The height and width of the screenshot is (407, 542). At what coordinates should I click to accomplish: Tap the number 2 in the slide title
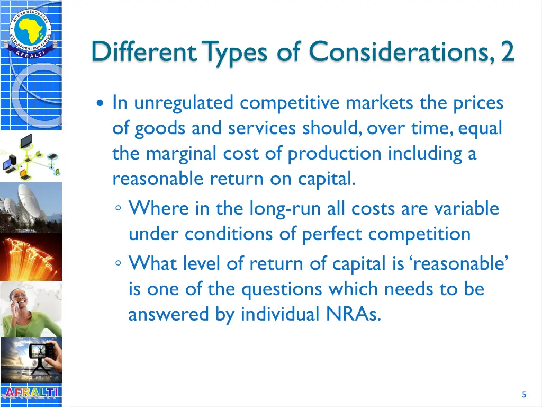(508, 52)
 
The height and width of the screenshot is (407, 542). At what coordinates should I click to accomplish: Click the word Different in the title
(143, 52)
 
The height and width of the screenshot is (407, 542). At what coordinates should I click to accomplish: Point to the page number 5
(523, 394)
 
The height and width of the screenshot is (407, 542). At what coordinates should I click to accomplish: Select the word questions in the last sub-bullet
(283, 289)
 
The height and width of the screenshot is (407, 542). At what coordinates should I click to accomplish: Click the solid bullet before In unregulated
(101, 103)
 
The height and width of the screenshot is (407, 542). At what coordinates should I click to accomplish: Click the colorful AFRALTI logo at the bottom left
(30, 393)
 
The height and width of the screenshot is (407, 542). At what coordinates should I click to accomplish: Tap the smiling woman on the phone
(30, 309)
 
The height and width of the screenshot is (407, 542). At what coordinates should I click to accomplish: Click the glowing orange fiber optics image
(30, 257)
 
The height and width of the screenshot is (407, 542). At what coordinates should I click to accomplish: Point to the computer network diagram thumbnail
(30, 156)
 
